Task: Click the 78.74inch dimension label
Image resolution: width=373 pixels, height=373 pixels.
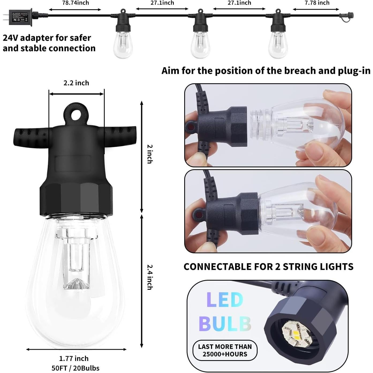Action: coord(75,3)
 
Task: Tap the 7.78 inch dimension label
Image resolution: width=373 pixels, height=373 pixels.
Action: coord(317,3)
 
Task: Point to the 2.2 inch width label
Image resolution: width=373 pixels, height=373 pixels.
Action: coord(76,83)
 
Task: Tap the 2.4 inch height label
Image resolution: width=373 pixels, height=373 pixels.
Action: coord(150,277)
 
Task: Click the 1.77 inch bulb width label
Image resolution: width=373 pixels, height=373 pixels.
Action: coord(74,358)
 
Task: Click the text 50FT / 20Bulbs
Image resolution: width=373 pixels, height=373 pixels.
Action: coord(75,368)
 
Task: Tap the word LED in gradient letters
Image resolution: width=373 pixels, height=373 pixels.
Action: coord(225,300)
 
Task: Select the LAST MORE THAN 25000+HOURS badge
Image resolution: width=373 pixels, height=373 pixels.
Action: coord(225,350)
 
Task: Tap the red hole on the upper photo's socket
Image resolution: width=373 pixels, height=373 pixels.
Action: coord(190,125)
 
